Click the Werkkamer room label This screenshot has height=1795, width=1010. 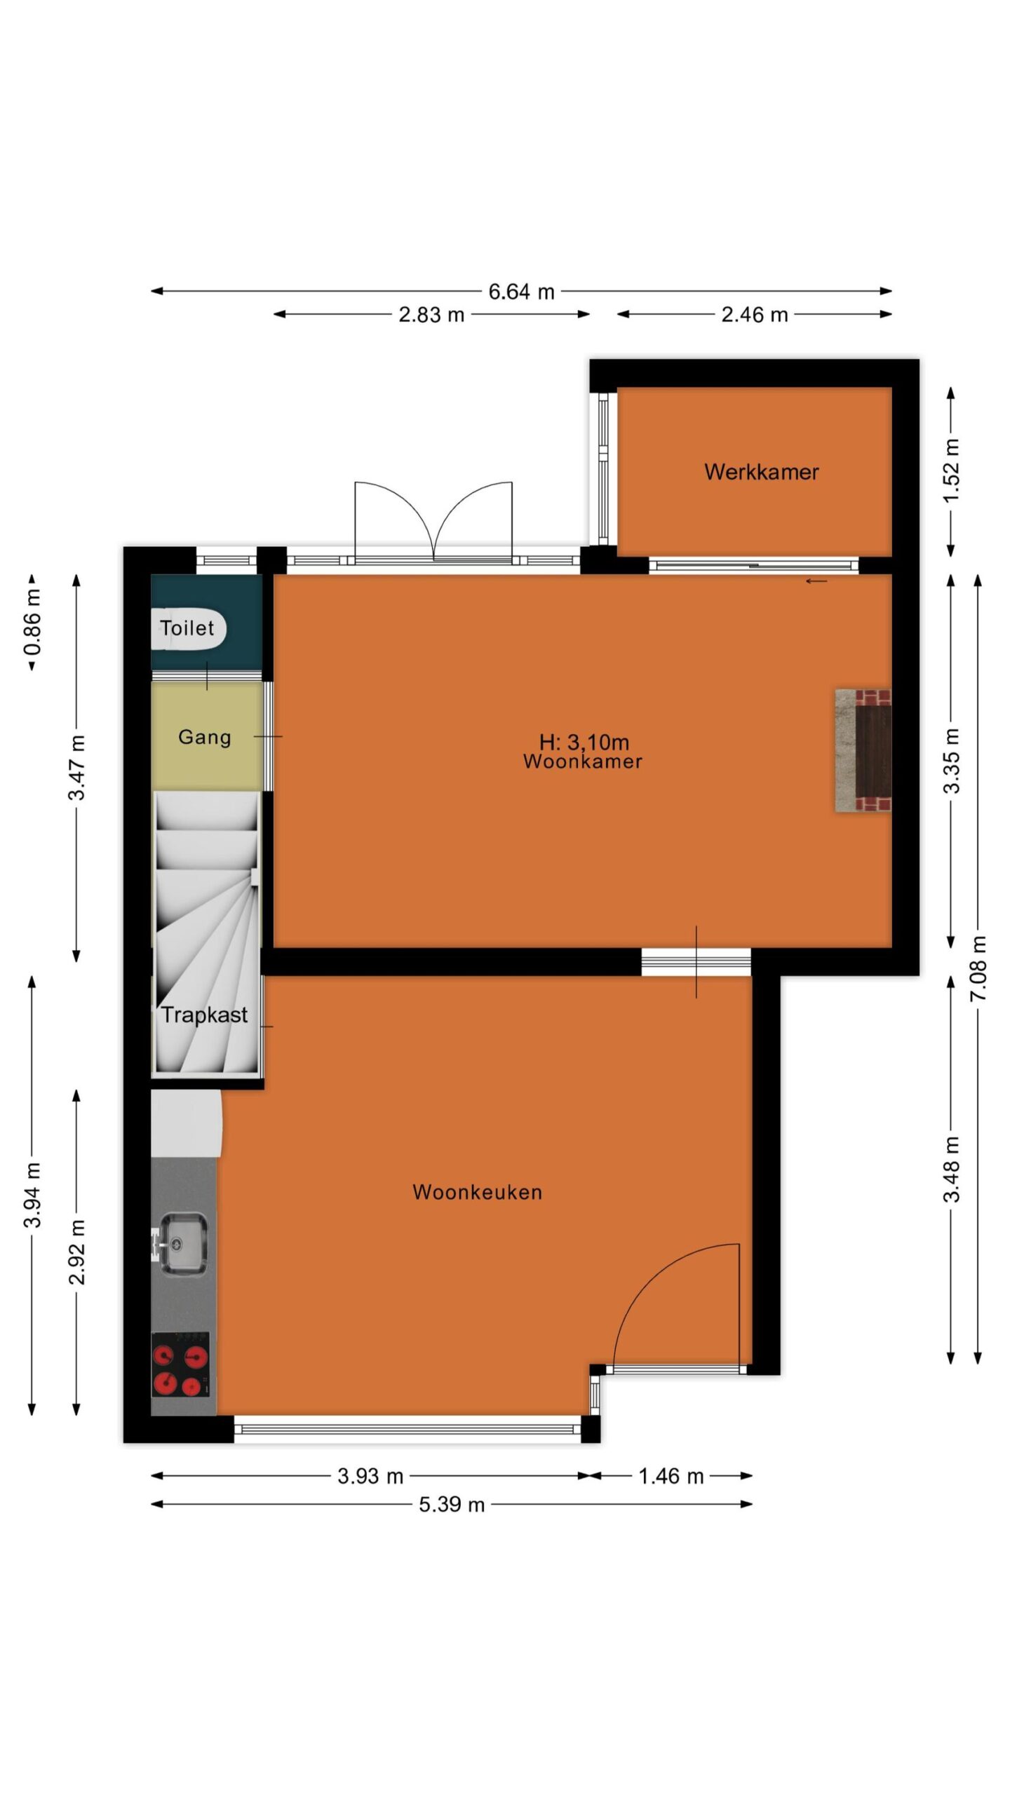761,472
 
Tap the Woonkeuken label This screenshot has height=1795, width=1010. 477,1192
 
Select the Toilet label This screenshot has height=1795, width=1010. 187,628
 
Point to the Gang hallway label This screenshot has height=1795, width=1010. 204,738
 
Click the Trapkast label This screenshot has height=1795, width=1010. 204,1015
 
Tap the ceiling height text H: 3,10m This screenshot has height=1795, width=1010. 584,742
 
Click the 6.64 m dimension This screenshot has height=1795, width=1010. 521,292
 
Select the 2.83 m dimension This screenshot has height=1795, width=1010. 431,315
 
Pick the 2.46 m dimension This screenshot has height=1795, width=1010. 755,315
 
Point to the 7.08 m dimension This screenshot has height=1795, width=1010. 978,968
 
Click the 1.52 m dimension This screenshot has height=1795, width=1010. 951,470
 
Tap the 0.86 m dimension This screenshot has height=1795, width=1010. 32,621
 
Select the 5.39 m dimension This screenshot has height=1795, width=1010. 452,1504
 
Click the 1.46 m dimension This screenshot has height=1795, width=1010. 671,1476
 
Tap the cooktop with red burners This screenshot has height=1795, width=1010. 180,1364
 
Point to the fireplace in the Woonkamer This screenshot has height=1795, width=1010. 863,751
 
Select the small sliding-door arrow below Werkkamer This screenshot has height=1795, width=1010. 816,581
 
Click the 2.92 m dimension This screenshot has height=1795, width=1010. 76,1252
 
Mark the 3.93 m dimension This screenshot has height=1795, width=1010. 370,1476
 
